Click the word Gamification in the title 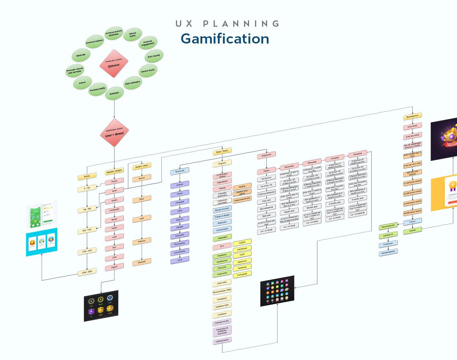coord(225,39)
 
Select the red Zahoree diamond coord(114,64)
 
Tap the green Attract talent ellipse coord(133,34)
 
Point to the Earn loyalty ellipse coord(154,56)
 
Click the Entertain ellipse coord(114,93)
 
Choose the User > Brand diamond coord(114,133)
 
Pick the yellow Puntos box coord(87,176)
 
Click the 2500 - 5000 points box coord(87,272)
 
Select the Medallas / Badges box coord(114,172)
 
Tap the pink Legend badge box coord(114,267)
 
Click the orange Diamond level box coord(142,262)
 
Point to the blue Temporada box coord(180,171)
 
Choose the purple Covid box coord(180,260)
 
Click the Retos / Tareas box coord(222,151)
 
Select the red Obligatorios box coord(266,155)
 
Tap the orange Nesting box coord(242,187)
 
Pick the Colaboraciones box coord(222,340)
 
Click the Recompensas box coord(413,116)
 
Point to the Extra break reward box coord(413,126)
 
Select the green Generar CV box coord(388,235)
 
